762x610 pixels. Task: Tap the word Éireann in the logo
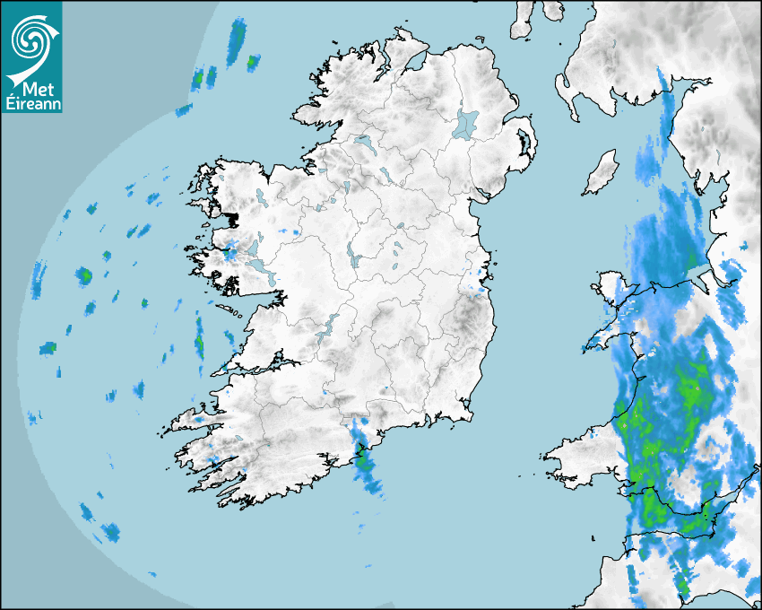31,104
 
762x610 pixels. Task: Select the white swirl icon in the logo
31,40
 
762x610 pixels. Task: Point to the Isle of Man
602,172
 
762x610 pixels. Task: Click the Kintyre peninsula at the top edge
523,20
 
